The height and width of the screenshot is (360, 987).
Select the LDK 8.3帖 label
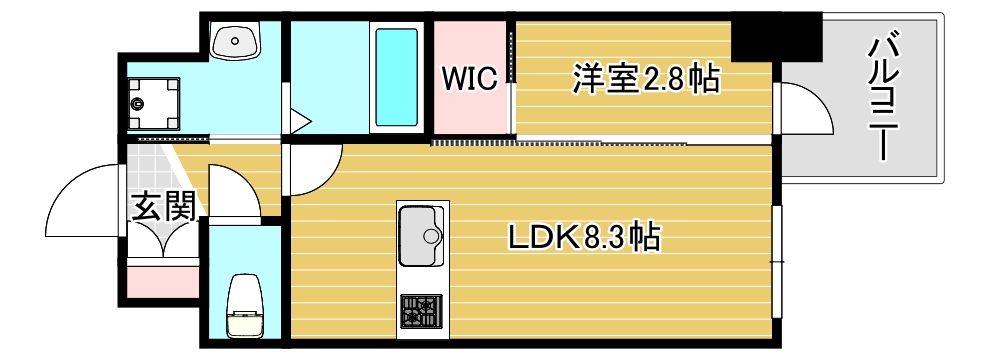pos(583,238)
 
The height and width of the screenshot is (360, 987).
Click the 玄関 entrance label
pos(162,208)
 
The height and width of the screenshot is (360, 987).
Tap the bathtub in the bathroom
pos(396,77)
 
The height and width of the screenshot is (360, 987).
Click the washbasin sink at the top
pos(237,41)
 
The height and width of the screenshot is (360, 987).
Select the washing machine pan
pos(153,101)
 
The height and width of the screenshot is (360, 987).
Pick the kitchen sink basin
pos(422,236)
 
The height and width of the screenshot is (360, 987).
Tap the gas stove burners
pos(420,311)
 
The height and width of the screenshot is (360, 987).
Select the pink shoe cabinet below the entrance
pos(162,281)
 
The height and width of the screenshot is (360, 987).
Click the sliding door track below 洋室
pos(560,142)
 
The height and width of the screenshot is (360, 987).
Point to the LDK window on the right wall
pos(777,260)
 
